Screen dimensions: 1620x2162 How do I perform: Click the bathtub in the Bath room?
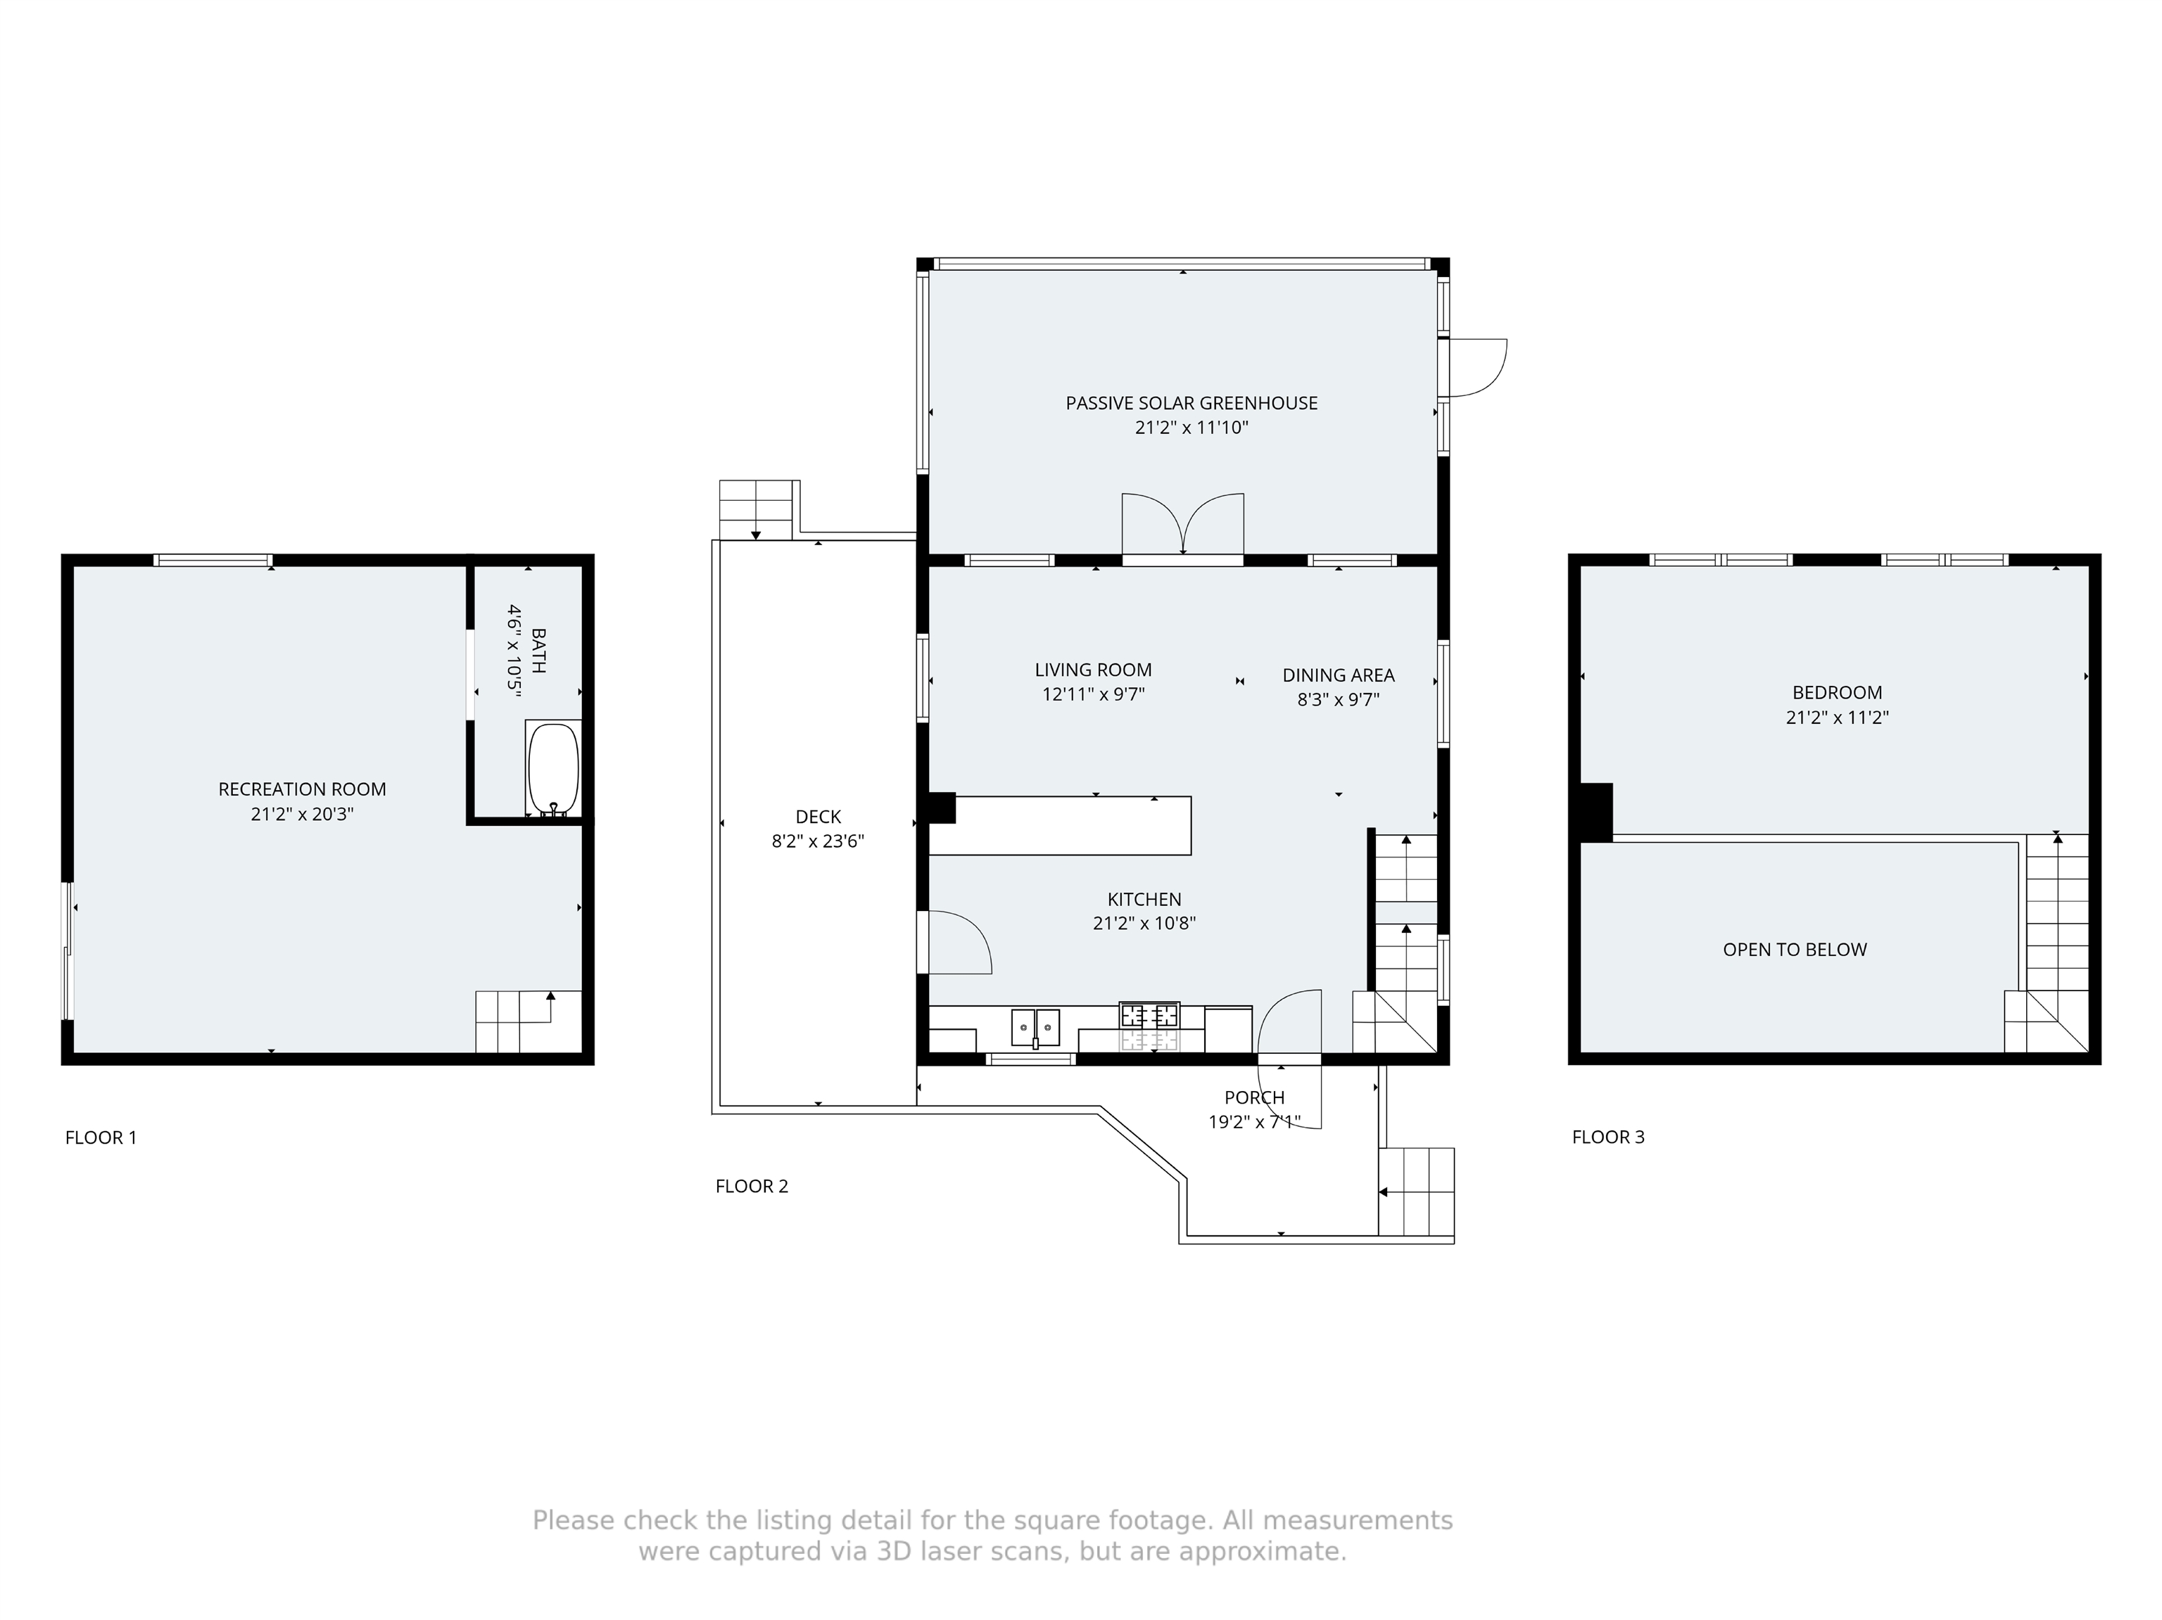553,768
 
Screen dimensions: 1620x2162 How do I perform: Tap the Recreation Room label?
302,789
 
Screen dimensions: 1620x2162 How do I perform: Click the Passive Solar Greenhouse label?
1191,402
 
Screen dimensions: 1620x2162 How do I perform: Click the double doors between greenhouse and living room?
1182,527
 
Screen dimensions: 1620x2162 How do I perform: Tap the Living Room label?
1093,669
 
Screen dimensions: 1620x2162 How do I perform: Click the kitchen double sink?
1035,1026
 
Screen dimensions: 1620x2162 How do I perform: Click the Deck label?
818,816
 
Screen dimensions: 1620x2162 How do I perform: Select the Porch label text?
1254,1097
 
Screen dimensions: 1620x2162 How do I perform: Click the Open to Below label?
1795,949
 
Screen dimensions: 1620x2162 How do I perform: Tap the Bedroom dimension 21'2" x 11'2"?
1837,717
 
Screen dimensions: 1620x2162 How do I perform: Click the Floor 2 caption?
752,1186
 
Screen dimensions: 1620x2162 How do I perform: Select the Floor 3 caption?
1608,1136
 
